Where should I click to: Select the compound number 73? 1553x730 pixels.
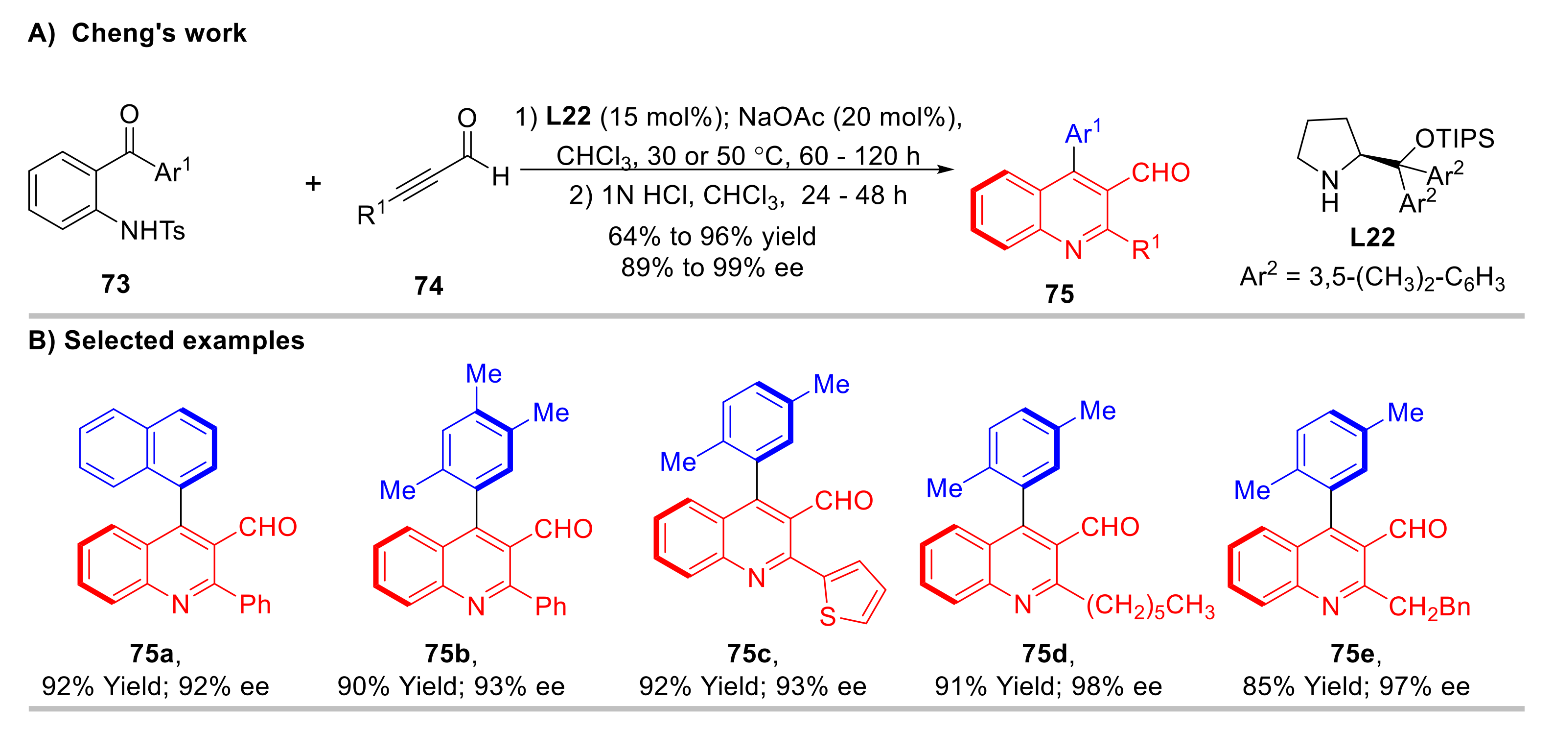(x=115, y=284)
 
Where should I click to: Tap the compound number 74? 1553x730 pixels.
(x=428, y=285)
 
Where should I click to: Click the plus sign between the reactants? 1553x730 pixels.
(x=313, y=183)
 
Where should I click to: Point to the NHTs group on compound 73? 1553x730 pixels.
(x=153, y=230)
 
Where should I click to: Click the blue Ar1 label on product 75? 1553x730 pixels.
(x=1082, y=133)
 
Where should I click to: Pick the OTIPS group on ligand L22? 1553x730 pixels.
(x=1454, y=138)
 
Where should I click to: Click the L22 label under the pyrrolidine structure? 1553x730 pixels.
(x=1371, y=237)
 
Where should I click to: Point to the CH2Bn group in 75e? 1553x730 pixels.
(x=1429, y=607)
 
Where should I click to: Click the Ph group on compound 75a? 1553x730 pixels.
(x=255, y=605)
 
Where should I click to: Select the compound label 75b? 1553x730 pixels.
(x=447, y=654)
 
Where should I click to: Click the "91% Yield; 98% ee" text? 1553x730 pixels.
(x=1048, y=686)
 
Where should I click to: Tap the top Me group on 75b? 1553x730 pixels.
(x=484, y=374)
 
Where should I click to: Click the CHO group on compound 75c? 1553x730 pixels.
(x=843, y=501)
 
